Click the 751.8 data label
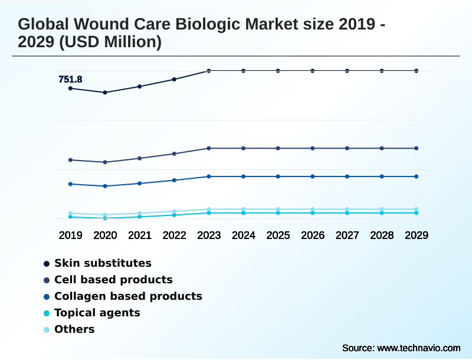point(70,80)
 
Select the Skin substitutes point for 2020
point(105,93)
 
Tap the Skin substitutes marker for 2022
point(174,79)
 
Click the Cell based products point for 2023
point(209,148)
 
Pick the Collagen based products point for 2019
point(70,184)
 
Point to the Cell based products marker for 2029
point(417,148)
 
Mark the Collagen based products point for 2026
point(313,176)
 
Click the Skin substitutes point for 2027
point(347,71)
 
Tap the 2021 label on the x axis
point(140,235)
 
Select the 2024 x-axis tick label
point(244,235)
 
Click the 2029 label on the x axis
point(417,235)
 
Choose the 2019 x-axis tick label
point(70,235)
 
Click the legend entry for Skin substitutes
point(103,263)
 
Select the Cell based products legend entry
point(113,280)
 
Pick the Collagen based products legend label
point(128,296)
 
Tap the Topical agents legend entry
point(97,313)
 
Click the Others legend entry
point(74,329)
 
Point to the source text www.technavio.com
point(418,348)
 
